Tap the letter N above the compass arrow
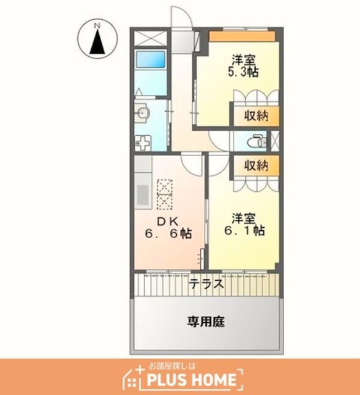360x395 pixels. click(97, 25)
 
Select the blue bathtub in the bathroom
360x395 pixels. click(150, 60)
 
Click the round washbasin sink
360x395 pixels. click(142, 113)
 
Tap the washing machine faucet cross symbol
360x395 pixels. click(142, 144)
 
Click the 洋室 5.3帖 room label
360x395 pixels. click(243, 66)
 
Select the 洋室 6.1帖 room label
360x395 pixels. click(244, 225)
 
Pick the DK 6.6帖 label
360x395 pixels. click(168, 228)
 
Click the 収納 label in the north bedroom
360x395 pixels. click(256, 115)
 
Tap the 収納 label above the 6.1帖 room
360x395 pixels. click(256, 165)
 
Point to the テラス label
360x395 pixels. click(207, 284)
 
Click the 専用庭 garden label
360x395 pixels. click(206, 322)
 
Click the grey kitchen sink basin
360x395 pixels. click(142, 195)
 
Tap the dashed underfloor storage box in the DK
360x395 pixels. click(165, 194)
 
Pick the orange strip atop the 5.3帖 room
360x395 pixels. click(242, 36)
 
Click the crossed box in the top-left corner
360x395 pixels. click(150, 38)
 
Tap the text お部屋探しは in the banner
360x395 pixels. click(172, 366)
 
